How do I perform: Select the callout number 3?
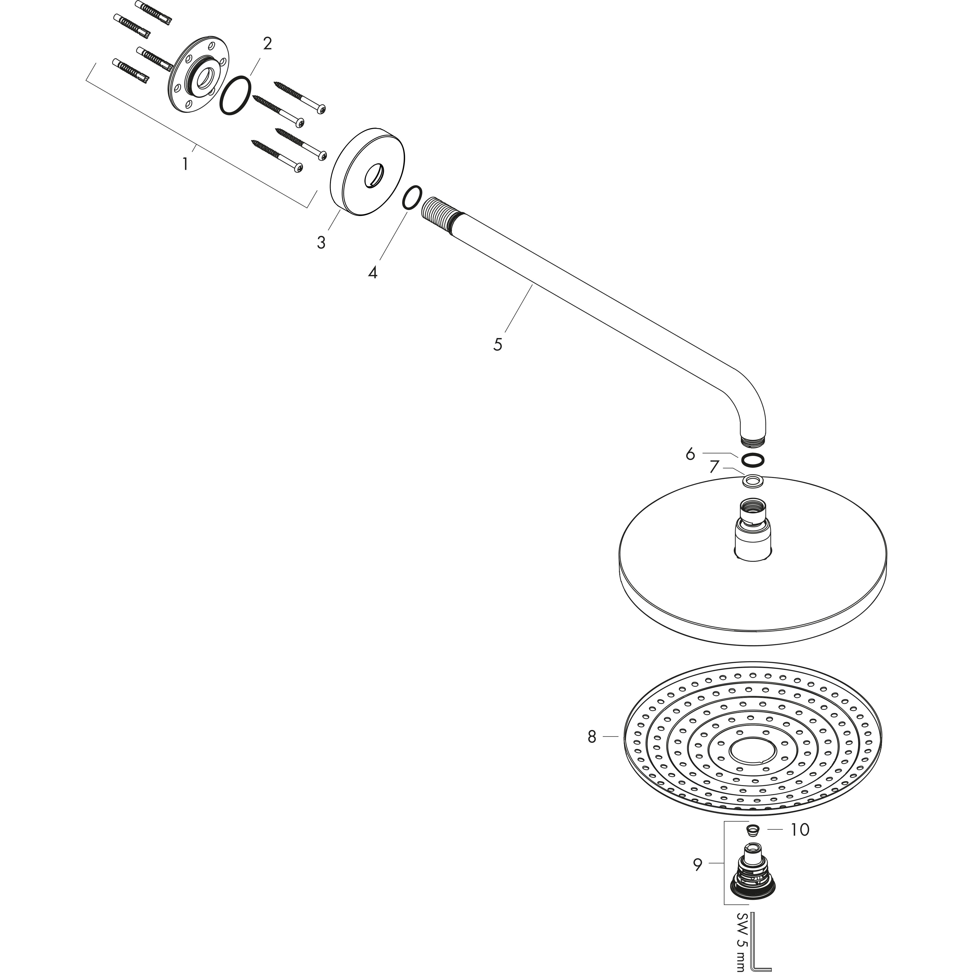(321, 243)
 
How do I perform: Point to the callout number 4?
(372, 273)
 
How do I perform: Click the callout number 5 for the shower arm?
(498, 344)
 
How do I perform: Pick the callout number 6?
(690, 454)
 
